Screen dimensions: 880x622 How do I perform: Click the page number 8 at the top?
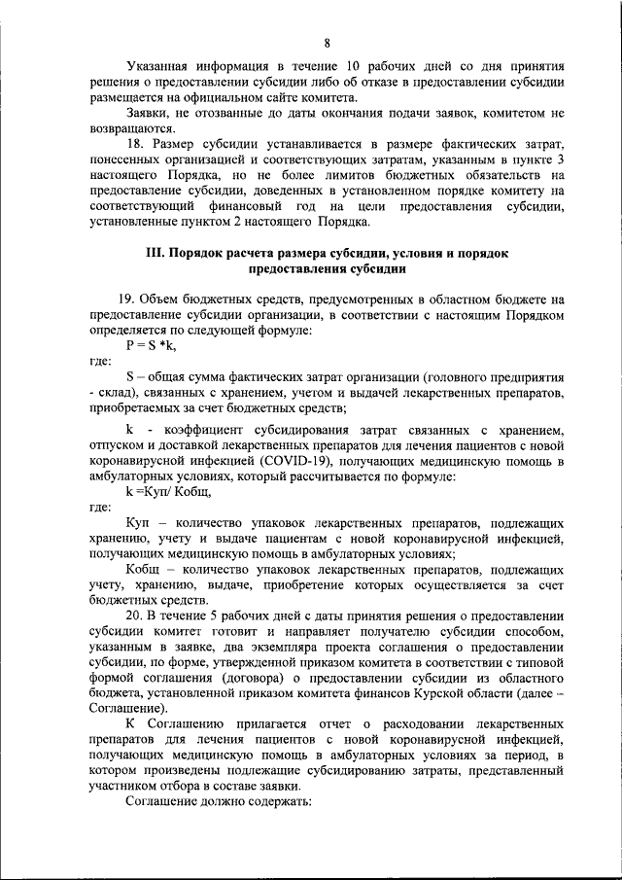click(x=328, y=42)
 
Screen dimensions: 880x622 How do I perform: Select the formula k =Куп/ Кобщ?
click(x=168, y=491)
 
